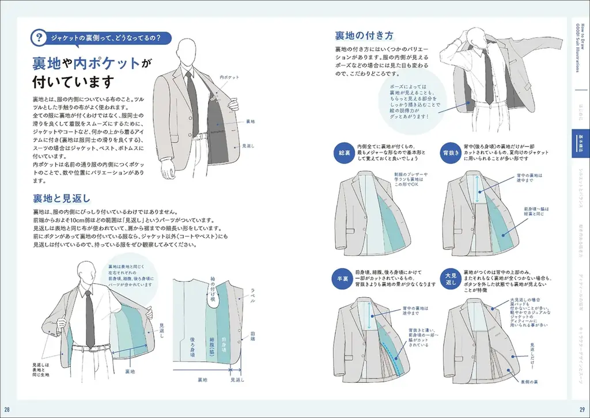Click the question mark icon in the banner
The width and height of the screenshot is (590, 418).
(39, 39)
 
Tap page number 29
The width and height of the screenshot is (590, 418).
(582, 409)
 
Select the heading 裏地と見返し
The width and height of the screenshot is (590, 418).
(62, 199)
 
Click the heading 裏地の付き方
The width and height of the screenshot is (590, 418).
(360, 35)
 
